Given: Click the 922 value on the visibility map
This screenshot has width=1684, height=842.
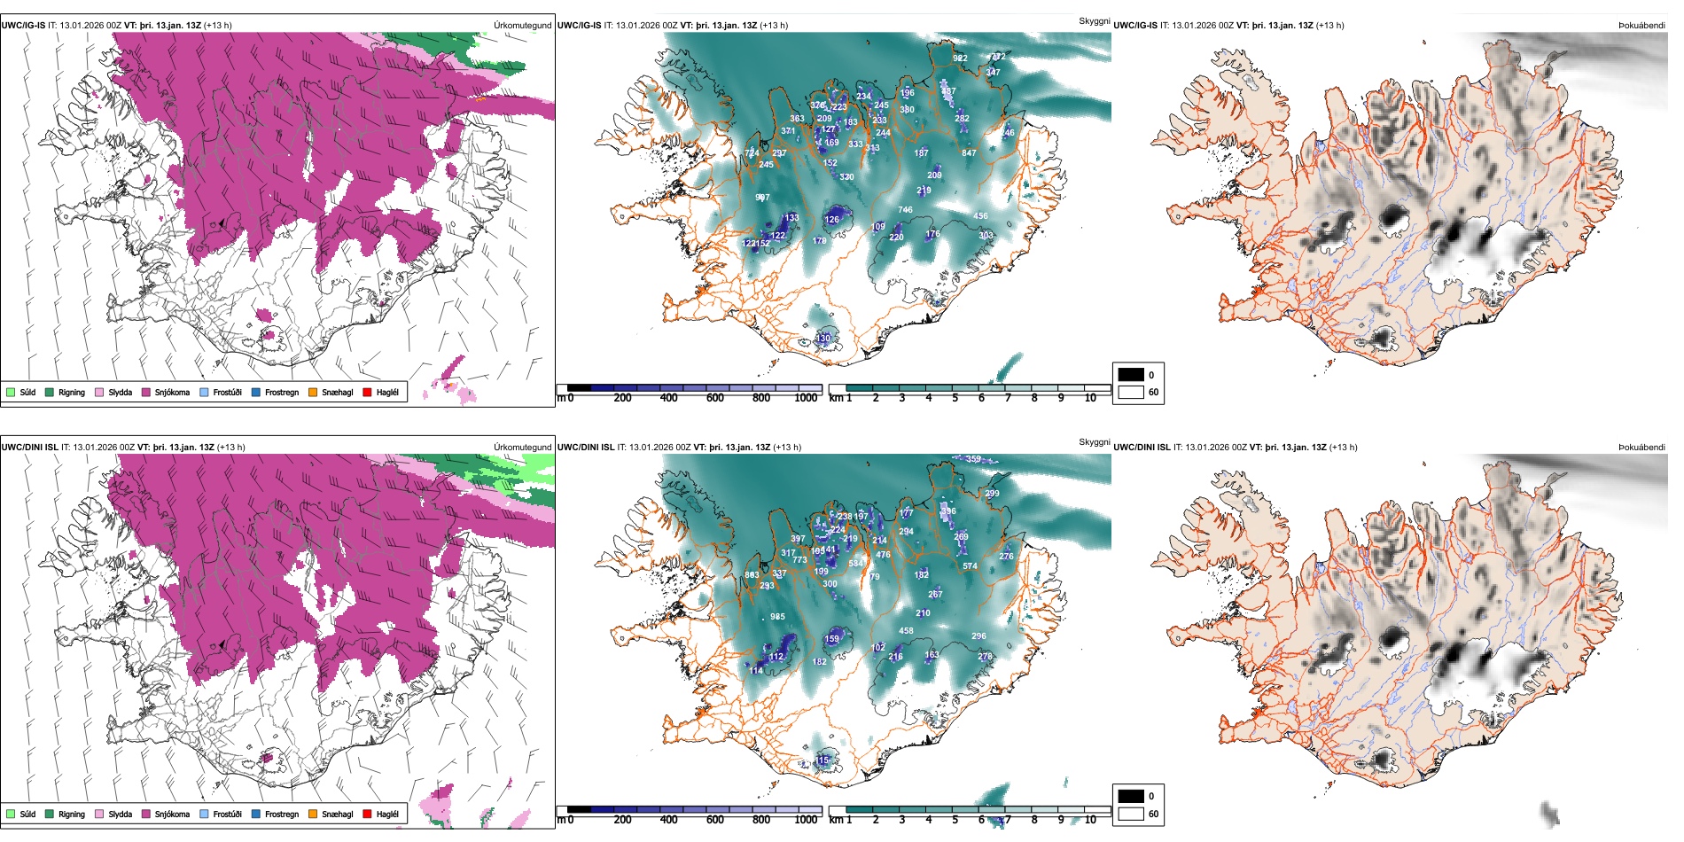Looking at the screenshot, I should click(x=960, y=58).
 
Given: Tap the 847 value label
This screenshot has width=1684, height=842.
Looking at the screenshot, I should click(x=969, y=153).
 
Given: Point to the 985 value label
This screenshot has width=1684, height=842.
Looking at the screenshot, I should click(x=777, y=617).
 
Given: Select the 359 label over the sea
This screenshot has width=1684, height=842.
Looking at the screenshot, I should click(x=973, y=459).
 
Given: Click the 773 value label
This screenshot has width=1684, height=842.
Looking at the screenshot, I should click(x=799, y=560).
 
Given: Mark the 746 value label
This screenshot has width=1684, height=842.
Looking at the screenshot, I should click(x=905, y=210).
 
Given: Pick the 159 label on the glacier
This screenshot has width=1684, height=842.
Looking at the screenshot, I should click(x=831, y=639).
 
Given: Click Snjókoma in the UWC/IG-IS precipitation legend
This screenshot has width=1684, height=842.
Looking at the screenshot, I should click(x=171, y=393).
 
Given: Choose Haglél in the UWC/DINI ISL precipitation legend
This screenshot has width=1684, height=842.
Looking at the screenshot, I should click(x=386, y=815).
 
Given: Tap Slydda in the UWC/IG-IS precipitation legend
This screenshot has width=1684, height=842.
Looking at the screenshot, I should click(x=120, y=393).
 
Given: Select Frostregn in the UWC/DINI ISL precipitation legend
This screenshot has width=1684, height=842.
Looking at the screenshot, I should click(x=281, y=815).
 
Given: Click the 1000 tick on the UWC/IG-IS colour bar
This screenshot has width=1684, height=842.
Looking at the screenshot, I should click(x=806, y=399).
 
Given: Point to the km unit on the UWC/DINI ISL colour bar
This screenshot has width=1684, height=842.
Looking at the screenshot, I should click(x=836, y=820).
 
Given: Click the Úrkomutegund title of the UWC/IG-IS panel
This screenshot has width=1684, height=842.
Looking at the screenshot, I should click(x=522, y=26).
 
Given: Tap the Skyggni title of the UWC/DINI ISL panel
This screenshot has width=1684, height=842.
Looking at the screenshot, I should click(x=1094, y=442).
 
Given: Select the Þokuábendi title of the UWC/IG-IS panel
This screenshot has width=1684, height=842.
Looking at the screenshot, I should click(x=1641, y=26).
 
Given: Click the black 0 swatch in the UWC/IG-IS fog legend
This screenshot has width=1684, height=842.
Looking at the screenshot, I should click(x=1131, y=375).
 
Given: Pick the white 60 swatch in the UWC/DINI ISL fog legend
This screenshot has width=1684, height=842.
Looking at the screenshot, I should click(x=1131, y=814).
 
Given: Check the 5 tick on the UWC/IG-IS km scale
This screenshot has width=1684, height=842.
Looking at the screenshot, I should click(x=955, y=399).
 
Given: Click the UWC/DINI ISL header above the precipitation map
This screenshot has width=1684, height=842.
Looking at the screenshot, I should click(x=29, y=448).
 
